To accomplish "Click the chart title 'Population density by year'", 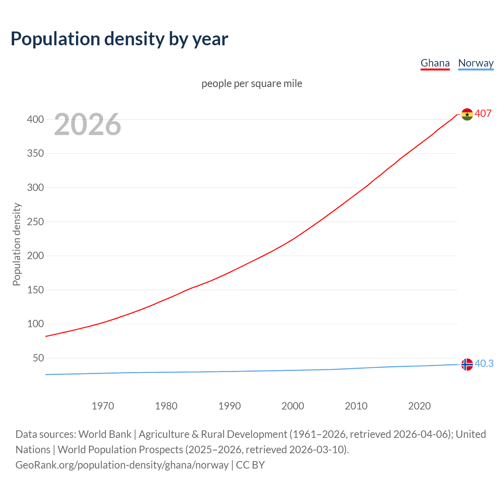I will click(119, 39).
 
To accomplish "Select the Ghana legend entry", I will click(435, 63).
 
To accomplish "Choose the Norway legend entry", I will click(476, 63).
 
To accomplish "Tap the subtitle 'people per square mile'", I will click(252, 83).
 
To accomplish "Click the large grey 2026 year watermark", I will click(87, 124).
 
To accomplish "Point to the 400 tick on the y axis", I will click(35, 119).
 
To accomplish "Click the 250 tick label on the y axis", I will click(35, 222).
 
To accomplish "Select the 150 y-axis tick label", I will click(35, 290).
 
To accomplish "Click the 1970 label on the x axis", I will click(103, 406).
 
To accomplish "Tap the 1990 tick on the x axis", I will click(230, 406).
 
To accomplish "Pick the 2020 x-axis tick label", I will click(419, 406).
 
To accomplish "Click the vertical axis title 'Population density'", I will click(17, 244).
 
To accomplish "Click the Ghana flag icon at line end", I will click(467, 114).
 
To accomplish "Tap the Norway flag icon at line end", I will click(467, 365).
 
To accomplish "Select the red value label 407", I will click(483, 113).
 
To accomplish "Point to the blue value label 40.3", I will click(484, 364).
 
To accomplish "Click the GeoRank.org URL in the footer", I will click(122, 465).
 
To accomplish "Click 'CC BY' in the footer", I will click(250, 465).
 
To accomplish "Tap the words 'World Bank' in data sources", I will click(105, 434).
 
